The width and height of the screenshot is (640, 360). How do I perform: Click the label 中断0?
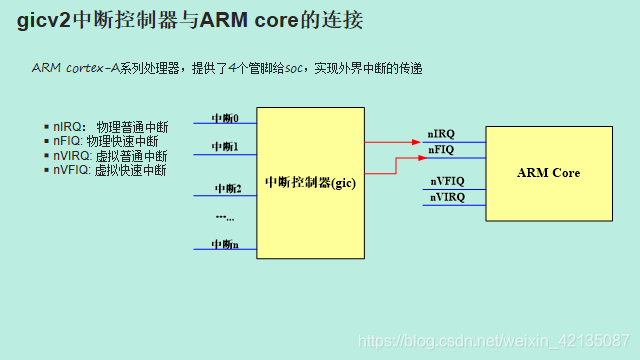tap(224, 118)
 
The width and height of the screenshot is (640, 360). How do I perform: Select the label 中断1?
tap(224, 147)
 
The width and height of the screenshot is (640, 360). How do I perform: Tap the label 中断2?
tap(228, 188)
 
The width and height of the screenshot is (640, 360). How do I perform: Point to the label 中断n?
tap(224, 245)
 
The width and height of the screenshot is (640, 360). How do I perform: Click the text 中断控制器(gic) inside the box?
tap(311, 183)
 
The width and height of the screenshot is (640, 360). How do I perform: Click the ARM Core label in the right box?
tap(548, 173)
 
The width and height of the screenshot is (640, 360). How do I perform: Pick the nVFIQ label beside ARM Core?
tap(447, 181)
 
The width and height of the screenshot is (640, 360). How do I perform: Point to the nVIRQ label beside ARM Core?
tap(447, 197)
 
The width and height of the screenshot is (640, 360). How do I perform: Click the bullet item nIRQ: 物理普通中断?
tap(110, 127)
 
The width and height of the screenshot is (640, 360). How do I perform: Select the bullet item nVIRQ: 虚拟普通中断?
tap(110, 156)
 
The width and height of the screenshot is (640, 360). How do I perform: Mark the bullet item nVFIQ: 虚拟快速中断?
tap(110, 170)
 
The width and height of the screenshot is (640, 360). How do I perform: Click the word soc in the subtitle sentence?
tap(296, 68)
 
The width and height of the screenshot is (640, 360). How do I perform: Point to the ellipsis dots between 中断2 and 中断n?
tap(224, 216)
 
